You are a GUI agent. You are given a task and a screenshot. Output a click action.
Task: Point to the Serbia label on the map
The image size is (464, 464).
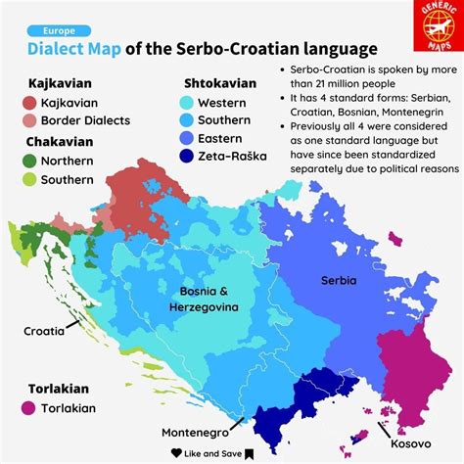[x=339, y=280]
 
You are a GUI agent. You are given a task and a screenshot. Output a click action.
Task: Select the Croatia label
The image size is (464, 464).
[x=44, y=331]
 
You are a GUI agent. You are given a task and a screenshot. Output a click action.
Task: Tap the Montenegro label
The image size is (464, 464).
[x=196, y=432]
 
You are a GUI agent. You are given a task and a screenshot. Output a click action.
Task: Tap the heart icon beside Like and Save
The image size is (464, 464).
[x=176, y=452]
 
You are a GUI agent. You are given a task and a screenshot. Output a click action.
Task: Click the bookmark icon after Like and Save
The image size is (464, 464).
[x=250, y=452]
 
